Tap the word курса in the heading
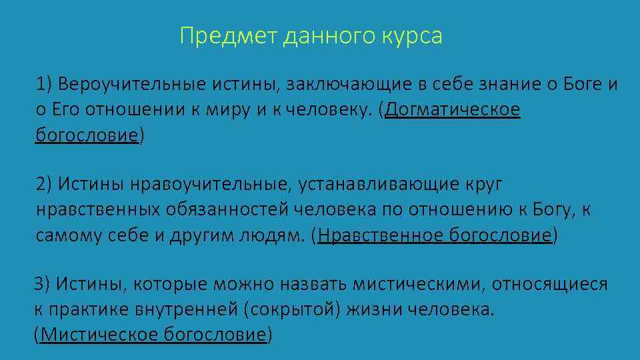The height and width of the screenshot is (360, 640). [x=413, y=36]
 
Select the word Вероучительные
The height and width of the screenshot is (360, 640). [x=133, y=85]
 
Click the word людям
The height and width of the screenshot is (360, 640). [x=269, y=235]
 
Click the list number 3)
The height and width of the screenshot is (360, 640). [x=41, y=285]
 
